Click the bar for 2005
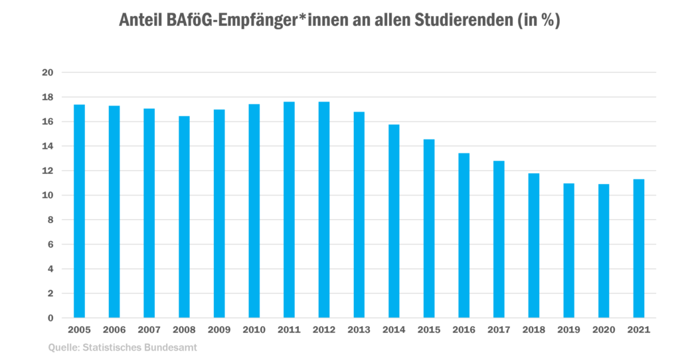point(79,211)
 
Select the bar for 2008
point(184,217)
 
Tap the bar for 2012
point(324,209)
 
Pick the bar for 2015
point(429,228)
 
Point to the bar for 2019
point(569,250)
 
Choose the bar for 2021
point(639,248)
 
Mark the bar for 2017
point(499,238)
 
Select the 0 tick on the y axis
point(50,318)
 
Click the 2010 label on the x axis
point(254,329)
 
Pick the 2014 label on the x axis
point(394,329)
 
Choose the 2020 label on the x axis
point(604,329)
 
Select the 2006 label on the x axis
point(114,329)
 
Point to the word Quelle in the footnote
point(61,346)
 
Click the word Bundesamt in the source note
point(173,346)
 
